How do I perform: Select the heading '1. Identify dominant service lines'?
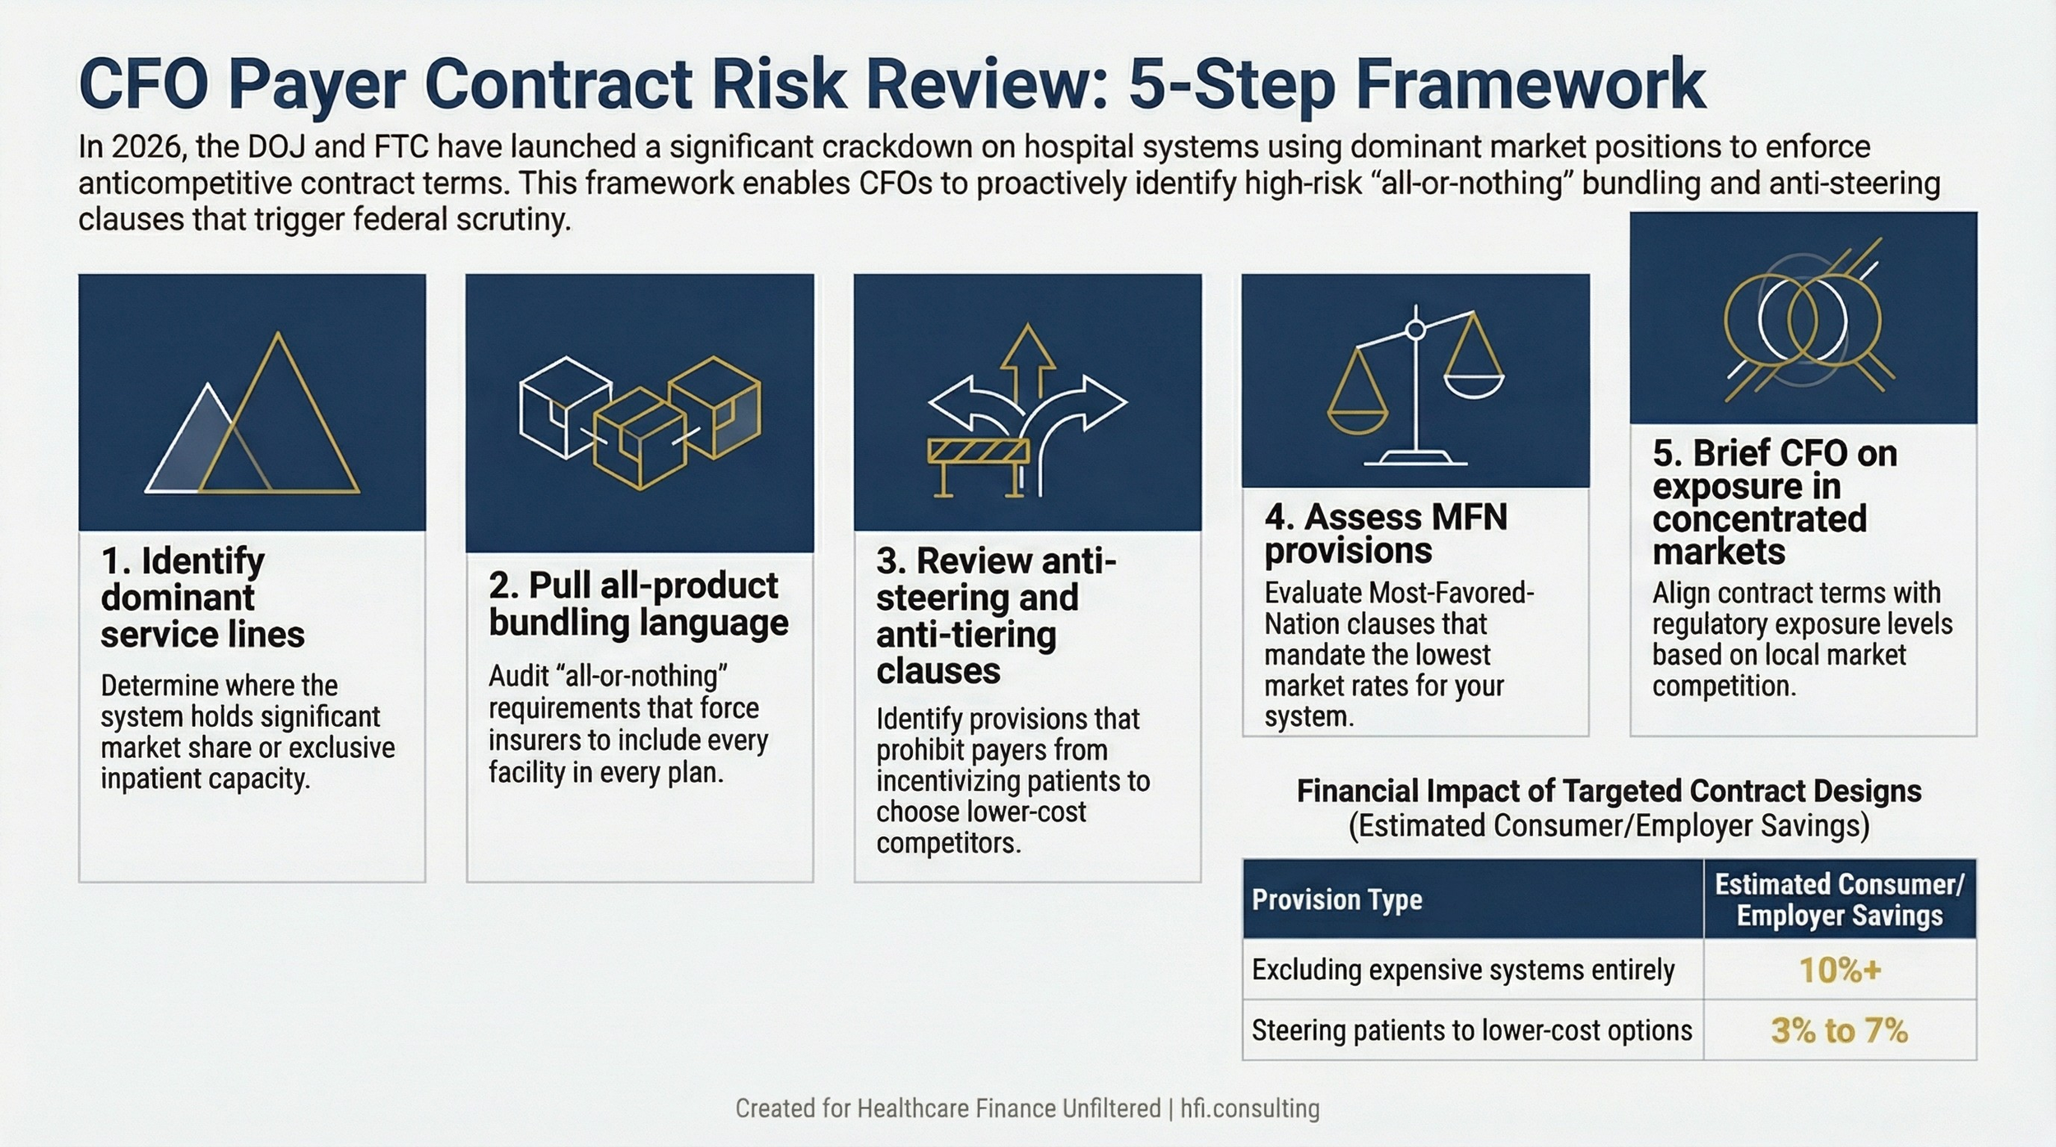tap(201, 598)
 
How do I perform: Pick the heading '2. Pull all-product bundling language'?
tap(637, 604)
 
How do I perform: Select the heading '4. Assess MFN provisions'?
tap(1386, 534)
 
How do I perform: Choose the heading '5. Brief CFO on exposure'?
tap(1774, 502)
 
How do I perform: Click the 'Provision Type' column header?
tap(1336, 900)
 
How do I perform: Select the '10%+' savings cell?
tap(1840, 970)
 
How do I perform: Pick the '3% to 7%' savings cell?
tap(1840, 1030)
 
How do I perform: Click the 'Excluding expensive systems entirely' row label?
tap(1463, 970)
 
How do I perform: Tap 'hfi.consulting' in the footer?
tap(1250, 1108)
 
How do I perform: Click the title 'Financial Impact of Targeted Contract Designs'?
tap(1609, 791)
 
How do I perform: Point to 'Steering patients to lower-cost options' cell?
tap(1471, 1030)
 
